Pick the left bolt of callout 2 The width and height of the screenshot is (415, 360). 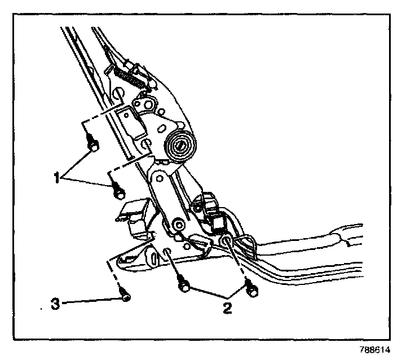click(183, 285)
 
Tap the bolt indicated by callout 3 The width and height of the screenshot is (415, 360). click(125, 295)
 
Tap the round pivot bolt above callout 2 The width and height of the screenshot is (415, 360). click(180, 225)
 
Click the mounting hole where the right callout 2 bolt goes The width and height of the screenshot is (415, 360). click(227, 243)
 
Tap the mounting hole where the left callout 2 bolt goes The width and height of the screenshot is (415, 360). click(167, 250)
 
